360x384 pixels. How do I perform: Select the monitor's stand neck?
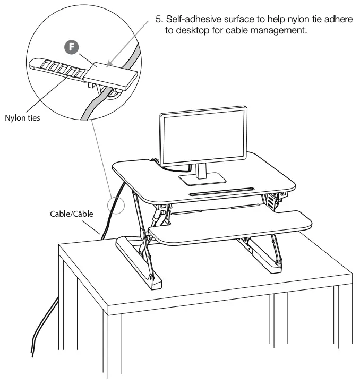tap(202, 169)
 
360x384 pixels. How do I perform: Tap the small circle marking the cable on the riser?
tap(114, 206)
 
